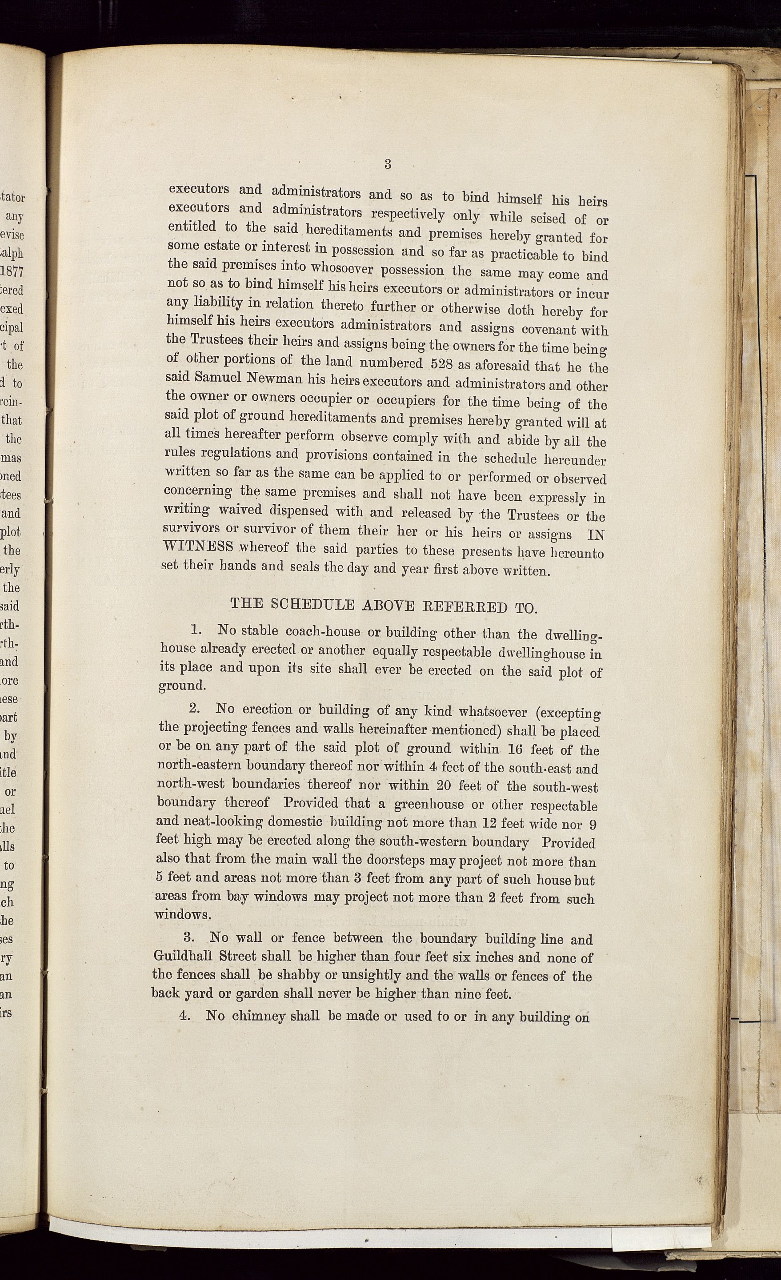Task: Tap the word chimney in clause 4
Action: [257, 1016]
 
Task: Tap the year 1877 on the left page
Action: [12, 271]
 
